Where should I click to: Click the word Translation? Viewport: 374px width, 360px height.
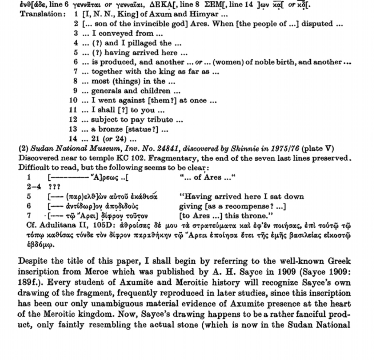coord(42,14)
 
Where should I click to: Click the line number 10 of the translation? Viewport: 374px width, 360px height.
coord(73,101)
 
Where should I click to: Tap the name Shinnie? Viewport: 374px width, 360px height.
coord(244,149)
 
